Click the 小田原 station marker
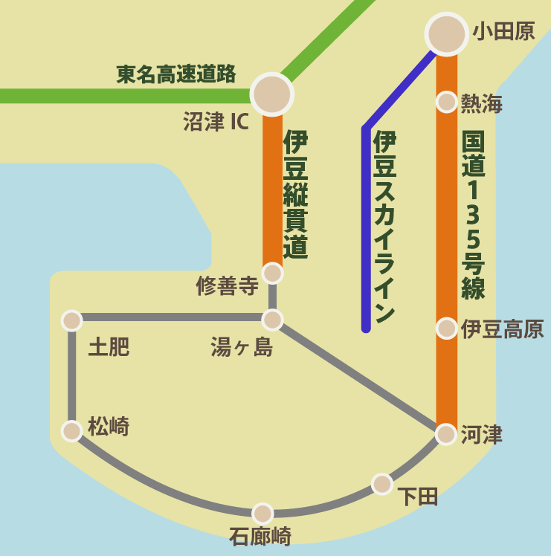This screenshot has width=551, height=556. (x=446, y=33)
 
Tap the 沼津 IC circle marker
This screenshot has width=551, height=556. (x=272, y=94)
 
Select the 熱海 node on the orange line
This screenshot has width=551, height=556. (x=446, y=102)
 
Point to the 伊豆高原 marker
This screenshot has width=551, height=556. (x=446, y=328)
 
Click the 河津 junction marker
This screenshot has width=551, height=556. (x=445, y=434)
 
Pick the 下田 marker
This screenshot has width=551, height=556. (x=382, y=484)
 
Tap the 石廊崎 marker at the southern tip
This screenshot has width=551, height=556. (x=262, y=514)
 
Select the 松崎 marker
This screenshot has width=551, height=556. (x=71, y=431)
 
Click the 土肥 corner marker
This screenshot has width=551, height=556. (x=71, y=320)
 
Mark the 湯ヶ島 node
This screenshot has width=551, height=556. (x=273, y=320)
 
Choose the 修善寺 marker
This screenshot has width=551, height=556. (x=273, y=274)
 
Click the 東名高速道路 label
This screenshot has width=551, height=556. (x=176, y=74)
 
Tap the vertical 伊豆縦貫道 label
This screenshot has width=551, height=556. (x=295, y=195)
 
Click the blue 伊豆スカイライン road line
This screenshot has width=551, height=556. (x=366, y=223)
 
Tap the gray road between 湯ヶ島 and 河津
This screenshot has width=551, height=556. (x=359, y=377)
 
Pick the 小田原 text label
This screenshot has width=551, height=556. (x=503, y=31)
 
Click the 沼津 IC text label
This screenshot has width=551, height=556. (x=216, y=122)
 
